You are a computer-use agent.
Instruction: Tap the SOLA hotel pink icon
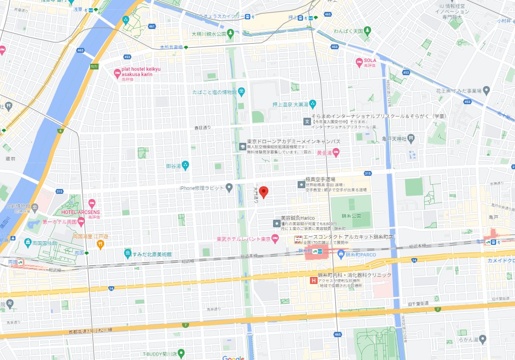tap(358, 62)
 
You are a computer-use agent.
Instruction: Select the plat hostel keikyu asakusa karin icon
tap(117, 73)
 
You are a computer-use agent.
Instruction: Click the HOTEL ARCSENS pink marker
tap(91, 204)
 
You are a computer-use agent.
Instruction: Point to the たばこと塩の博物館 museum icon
tap(242, 91)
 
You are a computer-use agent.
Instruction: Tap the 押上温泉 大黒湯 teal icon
tap(312, 104)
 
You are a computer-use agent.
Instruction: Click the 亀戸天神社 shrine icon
tap(410, 138)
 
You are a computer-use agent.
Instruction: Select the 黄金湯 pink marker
tap(336, 153)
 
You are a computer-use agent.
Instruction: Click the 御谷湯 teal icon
tap(185, 166)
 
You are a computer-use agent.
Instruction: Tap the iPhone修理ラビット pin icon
tap(229, 188)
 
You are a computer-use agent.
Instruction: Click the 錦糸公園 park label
tap(350, 216)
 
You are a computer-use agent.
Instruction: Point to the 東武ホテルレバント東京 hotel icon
tap(275, 239)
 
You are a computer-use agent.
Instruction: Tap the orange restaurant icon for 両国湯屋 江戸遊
tap(100, 244)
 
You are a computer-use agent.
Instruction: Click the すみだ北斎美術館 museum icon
tap(128, 254)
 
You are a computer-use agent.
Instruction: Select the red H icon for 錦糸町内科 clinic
tap(314, 280)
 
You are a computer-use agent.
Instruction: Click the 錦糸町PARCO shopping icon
tap(340, 254)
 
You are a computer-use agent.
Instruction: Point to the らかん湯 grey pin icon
tap(482, 339)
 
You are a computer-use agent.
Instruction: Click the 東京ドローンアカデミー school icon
tap(242, 146)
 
